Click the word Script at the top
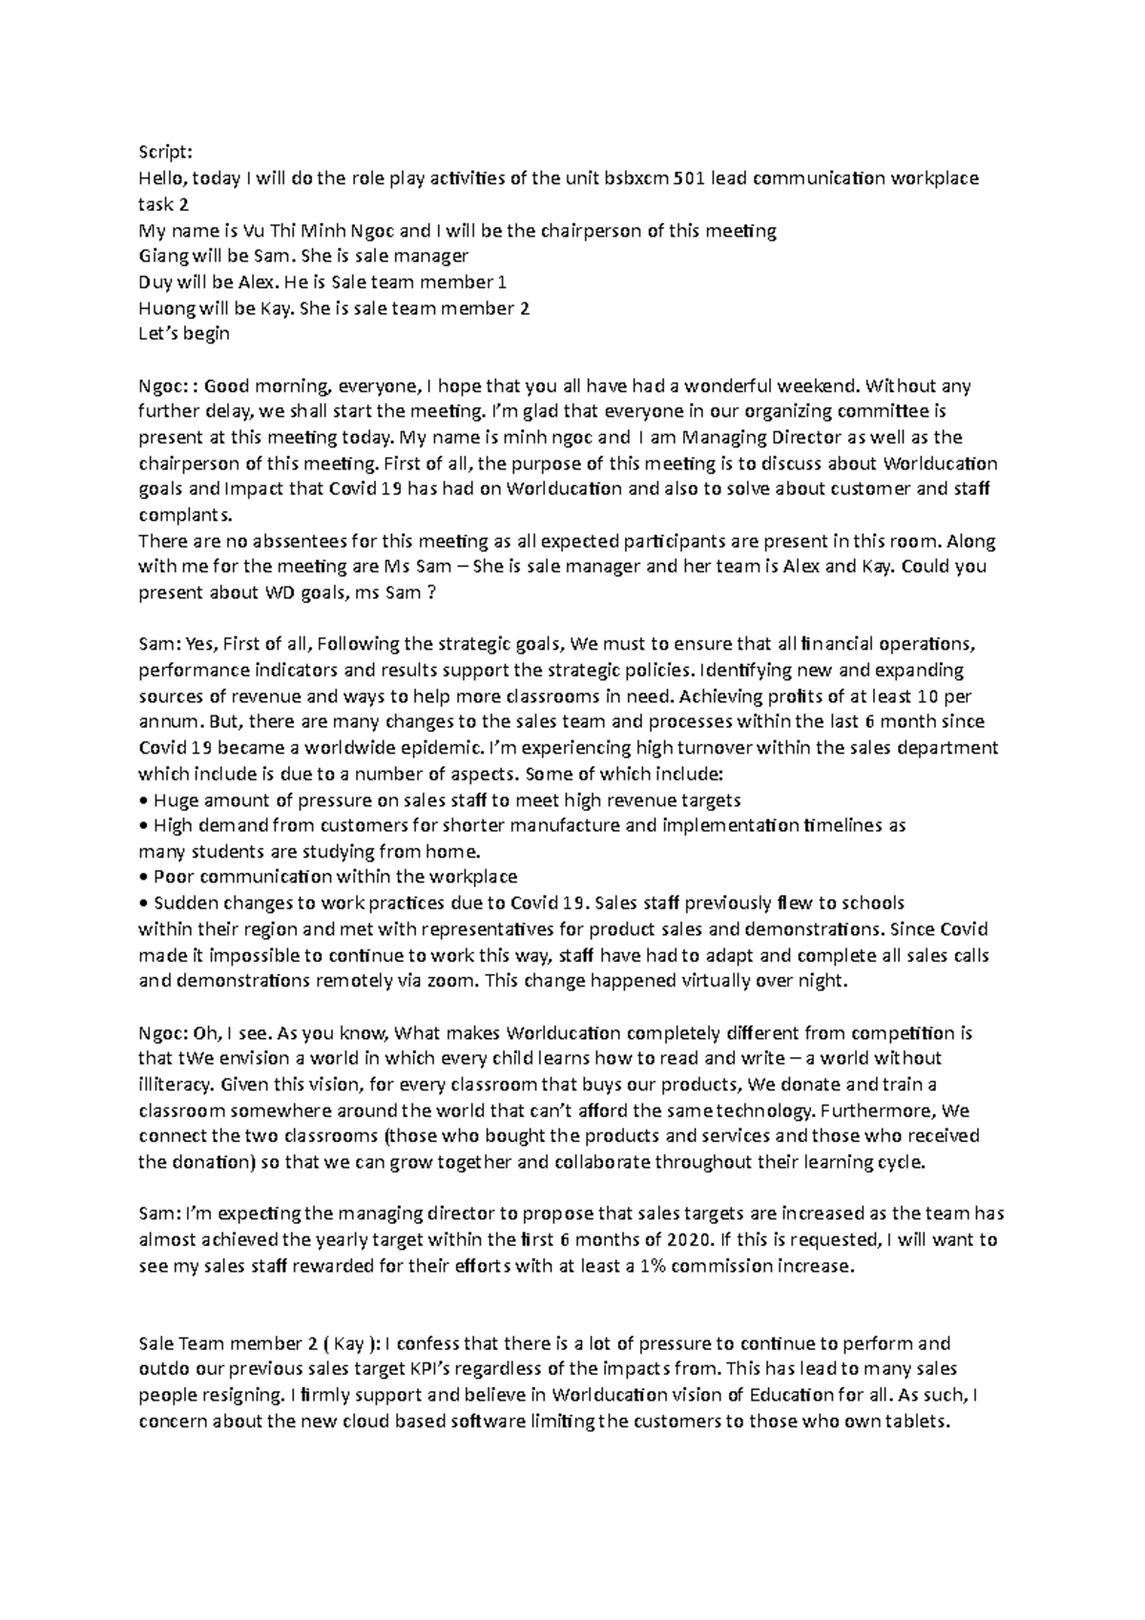[x=160, y=152]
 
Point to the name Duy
[x=156, y=282]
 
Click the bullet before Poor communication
[x=143, y=877]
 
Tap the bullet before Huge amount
[x=143, y=800]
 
